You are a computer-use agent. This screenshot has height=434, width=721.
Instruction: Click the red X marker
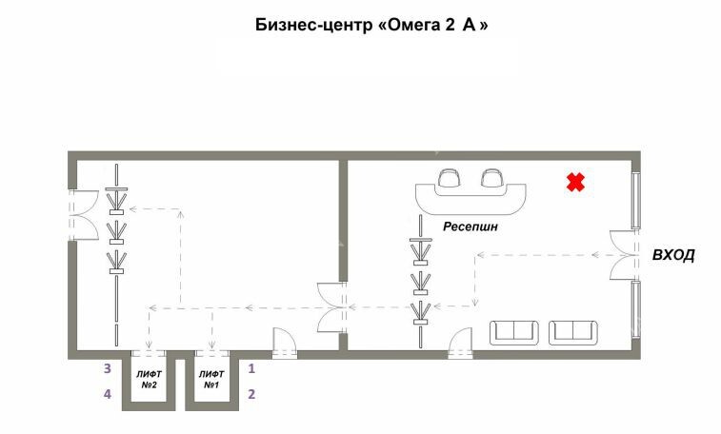(575, 182)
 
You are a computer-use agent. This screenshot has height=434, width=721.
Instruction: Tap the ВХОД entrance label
(673, 255)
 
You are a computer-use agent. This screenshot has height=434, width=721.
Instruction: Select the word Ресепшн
(471, 227)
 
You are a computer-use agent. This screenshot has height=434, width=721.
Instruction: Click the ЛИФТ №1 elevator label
(211, 380)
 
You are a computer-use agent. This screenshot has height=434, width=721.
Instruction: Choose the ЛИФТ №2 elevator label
(149, 380)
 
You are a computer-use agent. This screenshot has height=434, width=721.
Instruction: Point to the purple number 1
(251, 368)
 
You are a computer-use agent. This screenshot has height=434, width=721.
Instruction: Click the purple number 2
(251, 394)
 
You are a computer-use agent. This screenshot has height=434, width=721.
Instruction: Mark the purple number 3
(108, 368)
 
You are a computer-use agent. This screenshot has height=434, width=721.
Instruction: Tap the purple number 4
(108, 394)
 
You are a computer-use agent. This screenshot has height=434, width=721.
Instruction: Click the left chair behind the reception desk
(449, 178)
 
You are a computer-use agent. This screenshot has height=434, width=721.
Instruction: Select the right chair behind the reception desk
(492, 178)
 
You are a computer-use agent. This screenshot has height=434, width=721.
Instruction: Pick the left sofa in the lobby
(514, 333)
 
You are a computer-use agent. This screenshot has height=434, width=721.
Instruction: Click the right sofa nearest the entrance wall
(573, 333)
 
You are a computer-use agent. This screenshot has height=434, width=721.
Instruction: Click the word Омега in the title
(412, 25)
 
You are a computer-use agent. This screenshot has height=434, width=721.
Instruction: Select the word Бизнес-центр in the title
(313, 25)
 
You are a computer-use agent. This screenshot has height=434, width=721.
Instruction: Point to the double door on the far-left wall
(83, 215)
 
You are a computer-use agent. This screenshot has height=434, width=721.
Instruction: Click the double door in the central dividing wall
(331, 307)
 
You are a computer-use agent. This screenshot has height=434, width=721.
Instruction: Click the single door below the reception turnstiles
(461, 342)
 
